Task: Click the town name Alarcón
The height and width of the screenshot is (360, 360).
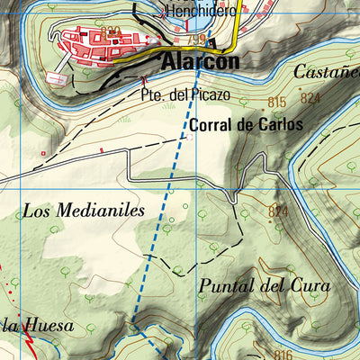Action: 201,62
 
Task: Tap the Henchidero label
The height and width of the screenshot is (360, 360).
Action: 199,12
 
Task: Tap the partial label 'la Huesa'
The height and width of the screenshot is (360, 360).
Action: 36,324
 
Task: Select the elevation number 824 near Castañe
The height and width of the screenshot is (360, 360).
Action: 311,98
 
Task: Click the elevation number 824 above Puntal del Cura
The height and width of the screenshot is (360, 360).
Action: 278,211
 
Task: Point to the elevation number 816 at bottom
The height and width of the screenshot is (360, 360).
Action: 283,354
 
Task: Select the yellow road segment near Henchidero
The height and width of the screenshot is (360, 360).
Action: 237,31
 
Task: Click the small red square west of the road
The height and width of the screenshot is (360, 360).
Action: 42,154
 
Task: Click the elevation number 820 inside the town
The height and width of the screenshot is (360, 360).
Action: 111,31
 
